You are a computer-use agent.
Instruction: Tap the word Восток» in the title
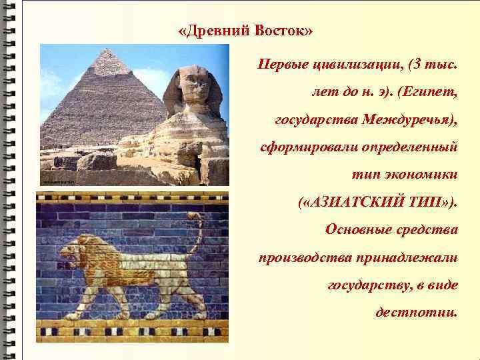click(x=283, y=31)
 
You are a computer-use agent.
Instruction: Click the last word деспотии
click(x=417, y=311)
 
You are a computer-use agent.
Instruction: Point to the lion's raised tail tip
click(x=193, y=216)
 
